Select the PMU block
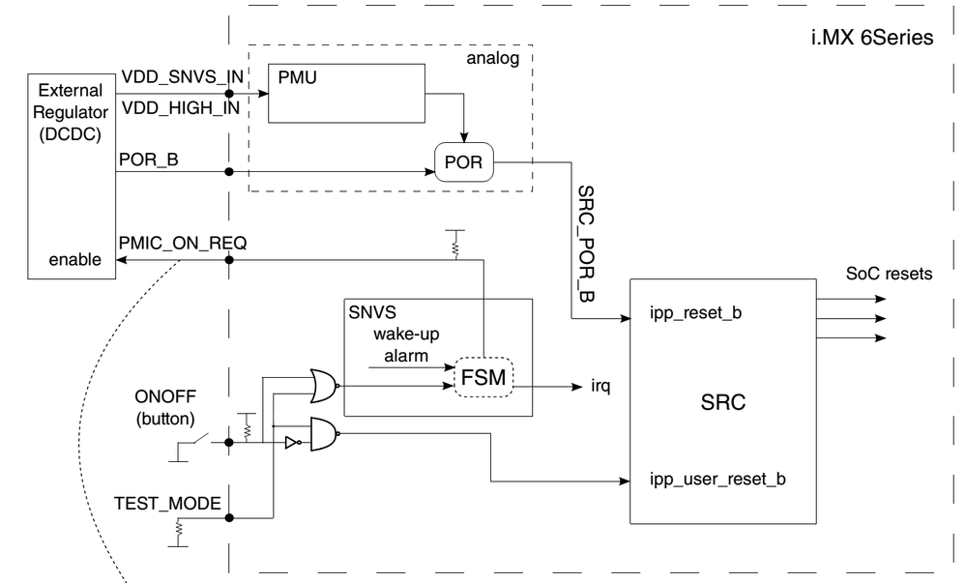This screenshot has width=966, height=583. point(345,93)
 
